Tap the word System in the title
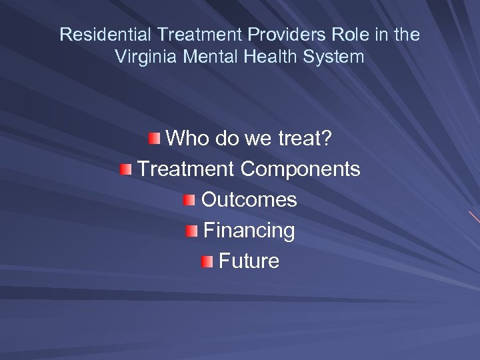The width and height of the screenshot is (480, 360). coord(334,57)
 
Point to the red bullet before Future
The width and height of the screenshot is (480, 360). coord(207,261)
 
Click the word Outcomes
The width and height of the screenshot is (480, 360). coord(249,199)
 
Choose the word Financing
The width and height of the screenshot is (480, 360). coord(249,231)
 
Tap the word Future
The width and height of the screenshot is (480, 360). coord(249,261)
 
